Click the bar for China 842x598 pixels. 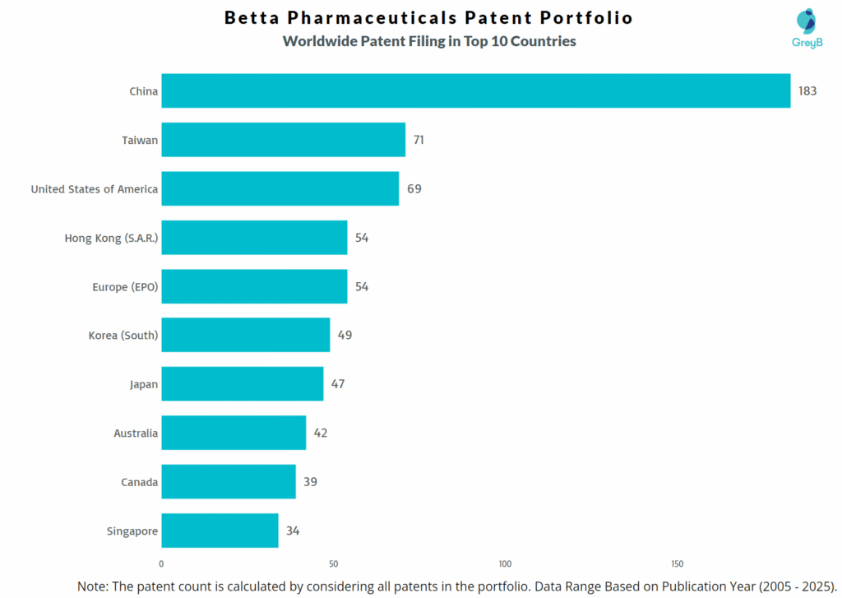coord(475,91)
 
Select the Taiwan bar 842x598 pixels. coord(283,140)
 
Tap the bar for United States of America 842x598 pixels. coord(280,189)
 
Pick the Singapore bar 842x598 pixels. coord(220,531)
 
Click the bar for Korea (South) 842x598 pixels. coord(245,335)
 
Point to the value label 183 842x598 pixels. coord(807,91)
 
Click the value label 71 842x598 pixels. coord(419,140)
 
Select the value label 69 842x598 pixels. coord(414,189)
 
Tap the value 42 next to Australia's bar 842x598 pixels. coord(320,433)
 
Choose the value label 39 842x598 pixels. coord(310,482)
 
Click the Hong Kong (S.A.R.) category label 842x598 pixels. coord(111,238)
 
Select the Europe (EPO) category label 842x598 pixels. coord(125,287)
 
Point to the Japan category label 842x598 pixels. coord(143,384)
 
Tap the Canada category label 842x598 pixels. coord(139,482)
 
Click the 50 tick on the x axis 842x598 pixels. coord(333,564)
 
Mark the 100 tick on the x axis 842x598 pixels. coord(505,564)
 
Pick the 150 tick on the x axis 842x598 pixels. coord(677,564)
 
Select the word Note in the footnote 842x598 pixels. coord(92,586)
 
